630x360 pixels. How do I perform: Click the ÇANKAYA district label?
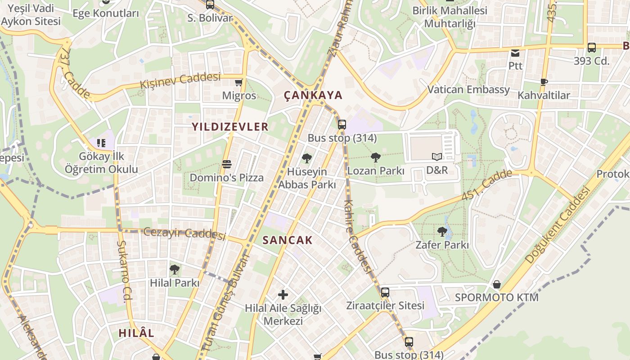[313, 95]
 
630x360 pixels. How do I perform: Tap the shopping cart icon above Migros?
[239, 82]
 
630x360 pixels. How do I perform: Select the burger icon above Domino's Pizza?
[226, 164]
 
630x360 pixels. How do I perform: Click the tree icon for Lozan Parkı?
[375, 157]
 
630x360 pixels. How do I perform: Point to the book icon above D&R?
[436, 157]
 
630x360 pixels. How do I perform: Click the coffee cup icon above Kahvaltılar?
[544, 81]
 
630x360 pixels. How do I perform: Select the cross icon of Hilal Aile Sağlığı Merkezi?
[283, 295]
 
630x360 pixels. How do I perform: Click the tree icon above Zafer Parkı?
[442, 232]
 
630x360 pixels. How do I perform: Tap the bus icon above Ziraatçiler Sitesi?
[385, 292]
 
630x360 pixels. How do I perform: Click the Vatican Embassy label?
[468, 90]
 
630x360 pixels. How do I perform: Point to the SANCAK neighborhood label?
[287, 240]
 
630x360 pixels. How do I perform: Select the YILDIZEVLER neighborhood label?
[230, 127]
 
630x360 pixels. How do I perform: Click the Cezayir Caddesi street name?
[184, 233]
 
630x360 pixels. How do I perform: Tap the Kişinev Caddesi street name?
[180, 81]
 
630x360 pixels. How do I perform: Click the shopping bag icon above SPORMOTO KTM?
[497, 284]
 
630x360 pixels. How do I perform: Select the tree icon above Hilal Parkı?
[175, 270]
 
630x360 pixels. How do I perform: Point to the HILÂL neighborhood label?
[136, 333]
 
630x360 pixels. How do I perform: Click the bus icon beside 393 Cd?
[592, 47]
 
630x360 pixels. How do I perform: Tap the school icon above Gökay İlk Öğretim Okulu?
[101, 143]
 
